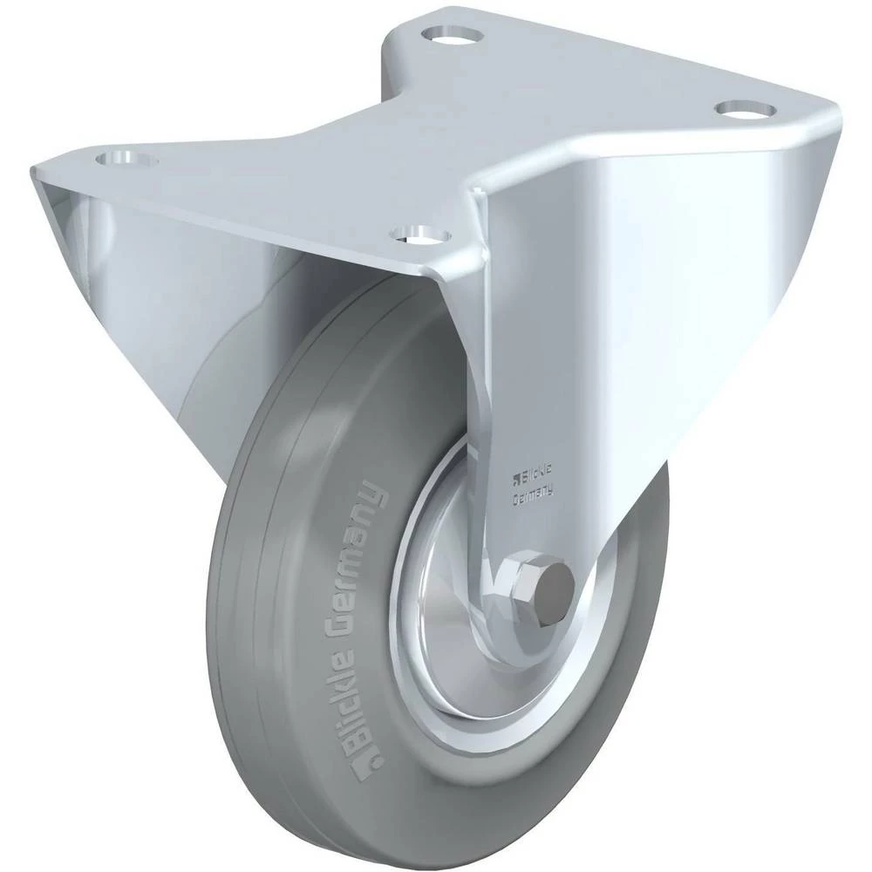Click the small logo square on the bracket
click(x=515, y=476)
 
